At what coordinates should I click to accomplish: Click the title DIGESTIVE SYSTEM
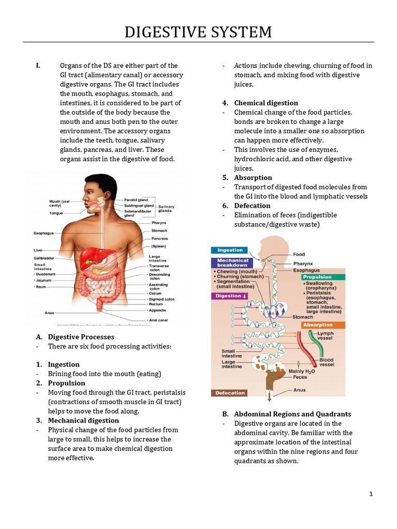198,32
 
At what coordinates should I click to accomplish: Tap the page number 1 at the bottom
371,494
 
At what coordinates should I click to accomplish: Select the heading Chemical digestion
266,103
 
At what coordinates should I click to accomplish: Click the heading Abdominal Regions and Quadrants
293,414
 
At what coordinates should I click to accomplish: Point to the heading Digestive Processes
81,337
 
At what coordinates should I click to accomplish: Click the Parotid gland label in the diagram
136,199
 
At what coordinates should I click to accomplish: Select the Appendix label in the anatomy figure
158,310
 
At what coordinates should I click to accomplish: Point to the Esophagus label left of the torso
44,233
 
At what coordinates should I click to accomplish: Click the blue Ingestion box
230,250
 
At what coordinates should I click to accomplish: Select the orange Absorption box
318,325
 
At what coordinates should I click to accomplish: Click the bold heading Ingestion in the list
64,364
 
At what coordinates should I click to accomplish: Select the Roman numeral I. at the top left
38,66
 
